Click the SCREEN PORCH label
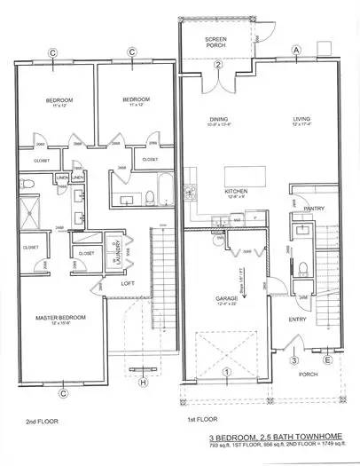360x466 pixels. click(x=214, y=43)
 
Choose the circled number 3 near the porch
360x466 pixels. click(x=294, y=359)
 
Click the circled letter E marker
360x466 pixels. click(x=327, y=359)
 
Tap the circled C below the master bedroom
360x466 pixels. click(x=64, y=391)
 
